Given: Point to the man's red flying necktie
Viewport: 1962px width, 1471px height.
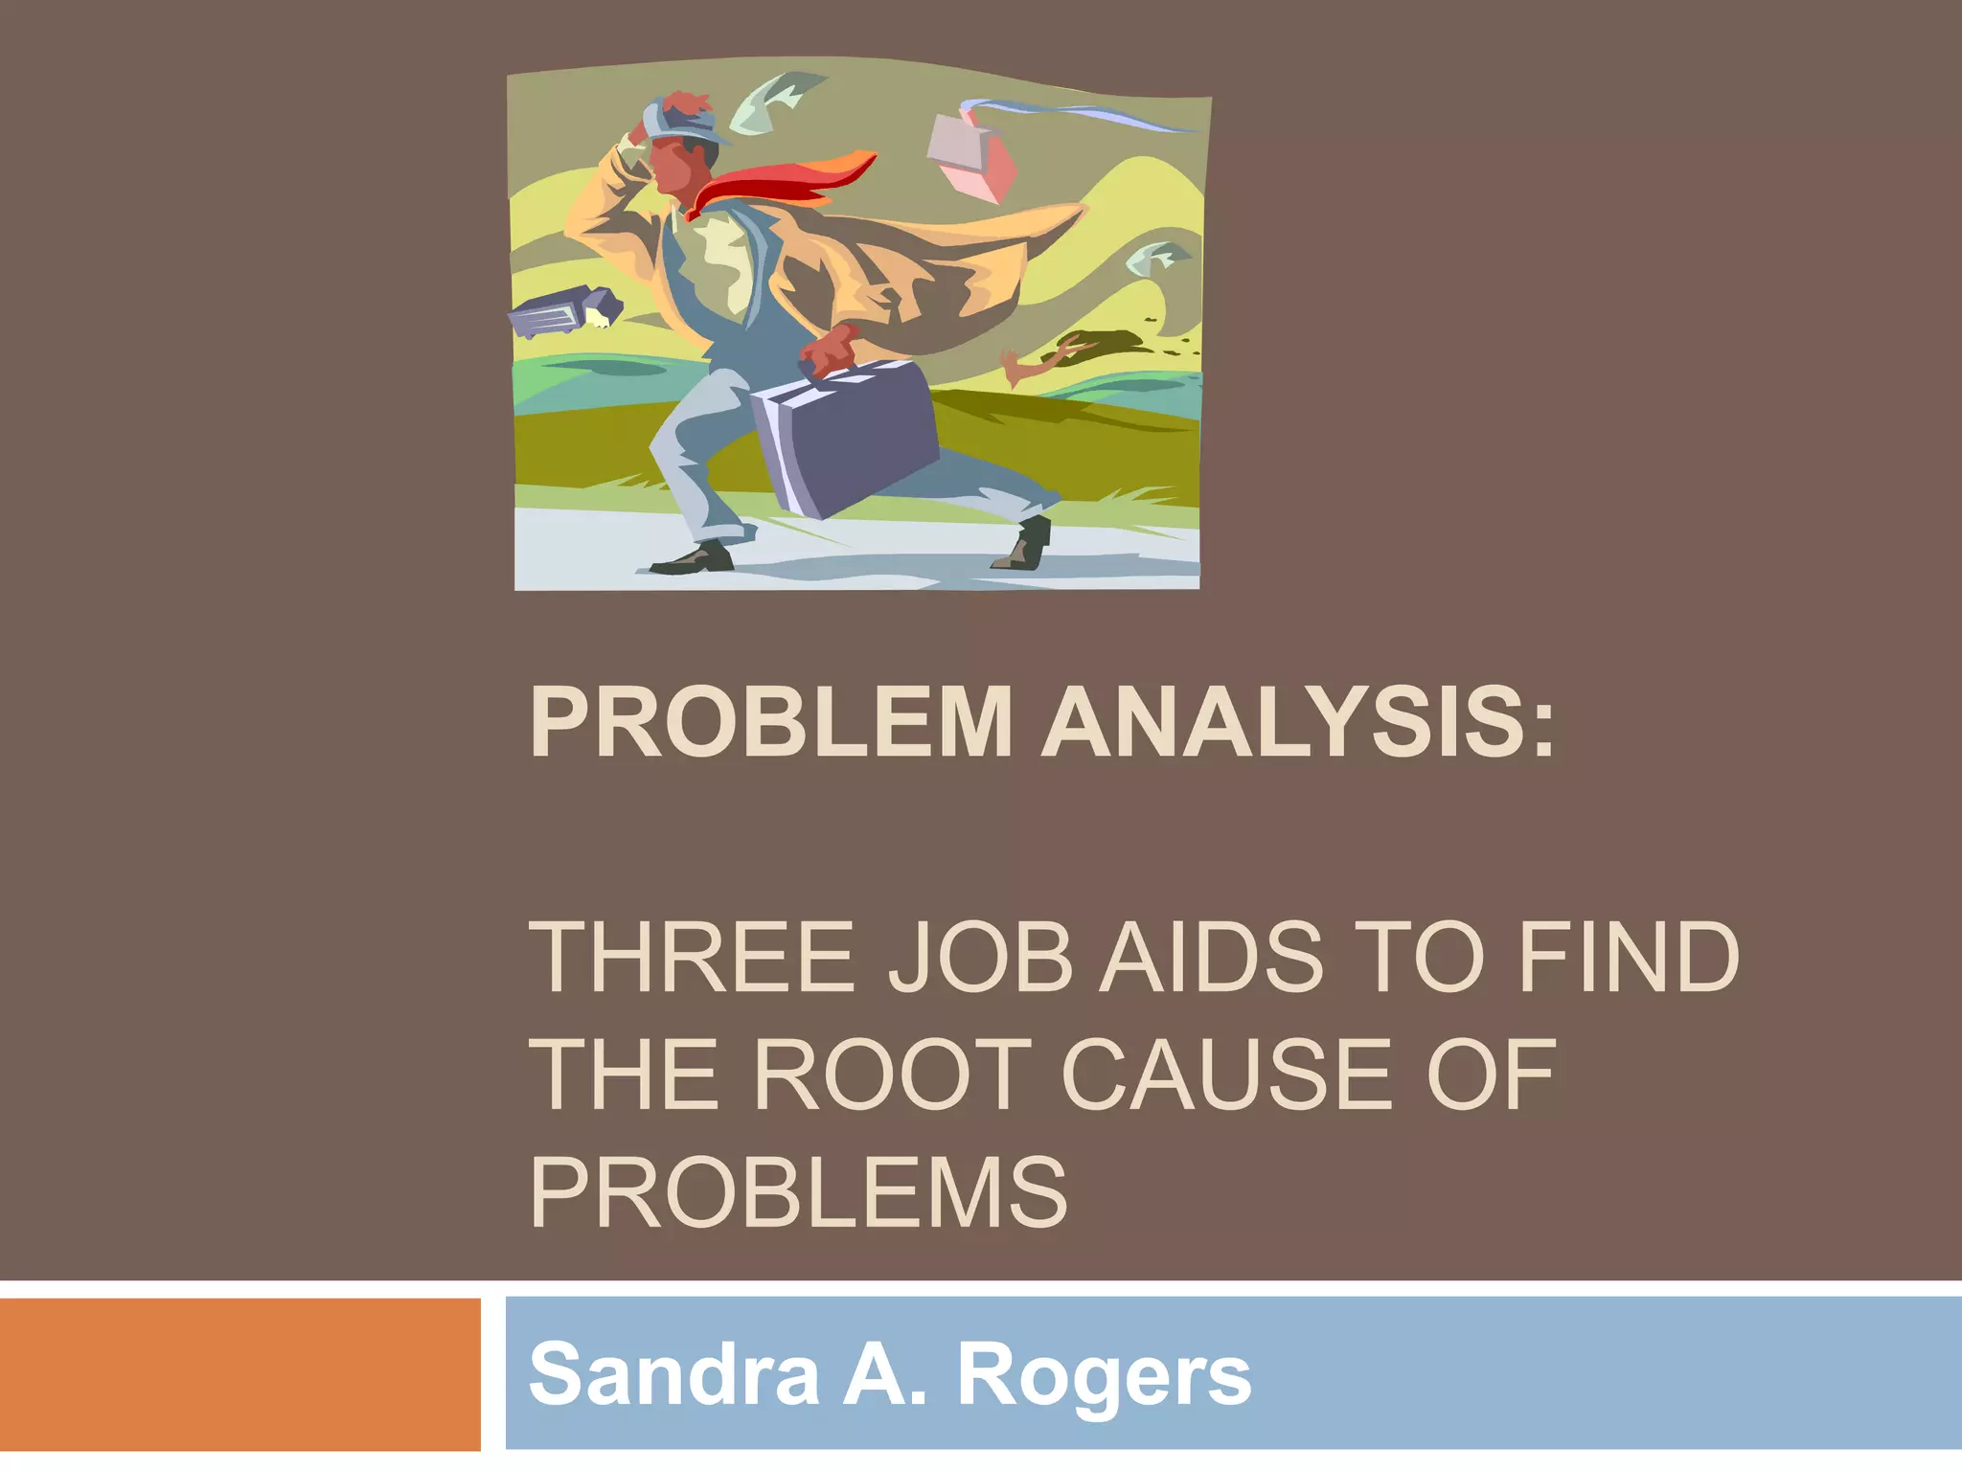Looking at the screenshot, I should pos(786,182).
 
